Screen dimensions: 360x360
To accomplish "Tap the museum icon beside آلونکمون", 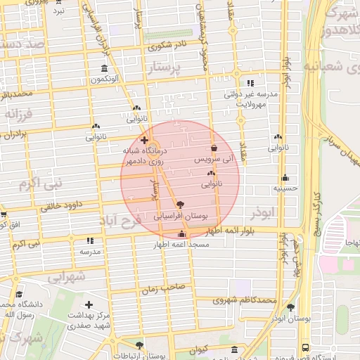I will [x=105, y=68].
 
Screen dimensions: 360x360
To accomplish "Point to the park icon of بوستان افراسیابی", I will [x=183, y=203].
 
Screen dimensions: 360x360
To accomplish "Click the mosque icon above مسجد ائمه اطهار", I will [x=182, y=234].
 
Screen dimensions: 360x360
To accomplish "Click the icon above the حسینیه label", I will [x=285, y=178].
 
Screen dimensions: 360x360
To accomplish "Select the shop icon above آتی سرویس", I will [x=214, y=148].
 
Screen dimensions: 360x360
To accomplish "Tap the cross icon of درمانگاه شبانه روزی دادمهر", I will [x=144, y=141].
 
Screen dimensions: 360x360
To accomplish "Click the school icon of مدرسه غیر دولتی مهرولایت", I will [x=252, y=82].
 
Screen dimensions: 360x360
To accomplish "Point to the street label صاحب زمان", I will [x=162, y=288].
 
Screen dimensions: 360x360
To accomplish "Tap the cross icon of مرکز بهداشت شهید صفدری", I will [x=88, y=304].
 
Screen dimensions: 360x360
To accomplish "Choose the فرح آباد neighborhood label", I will [x=127, y=220].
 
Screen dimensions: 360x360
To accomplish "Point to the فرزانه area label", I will [x=19, y=113].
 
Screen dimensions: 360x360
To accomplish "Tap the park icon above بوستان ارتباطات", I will [x=139, y=346].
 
